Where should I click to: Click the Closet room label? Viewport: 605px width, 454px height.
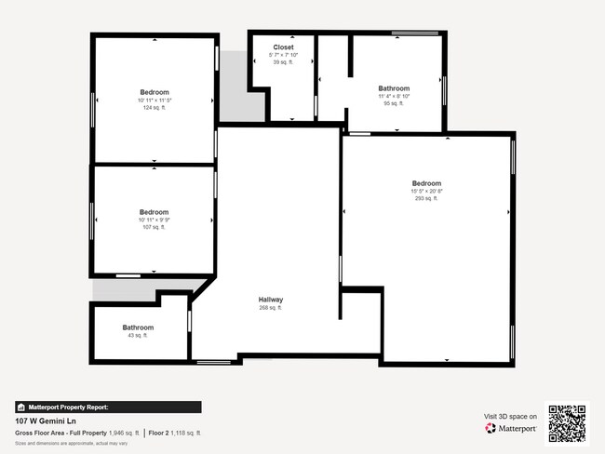[284, 47]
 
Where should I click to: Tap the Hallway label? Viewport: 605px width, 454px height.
[271, 300]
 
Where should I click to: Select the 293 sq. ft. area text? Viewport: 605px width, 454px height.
[426, 198]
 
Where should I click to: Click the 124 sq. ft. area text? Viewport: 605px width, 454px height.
[155, 108]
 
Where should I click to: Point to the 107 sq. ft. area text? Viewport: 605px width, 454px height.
[154, 227]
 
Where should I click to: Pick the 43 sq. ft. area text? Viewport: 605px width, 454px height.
[138, 336]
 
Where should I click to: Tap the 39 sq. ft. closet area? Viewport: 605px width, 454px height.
[284, 63]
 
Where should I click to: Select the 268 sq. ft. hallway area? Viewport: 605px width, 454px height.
[271, 308]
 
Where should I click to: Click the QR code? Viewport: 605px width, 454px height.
[567, 422]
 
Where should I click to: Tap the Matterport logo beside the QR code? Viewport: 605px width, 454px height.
[511, 429]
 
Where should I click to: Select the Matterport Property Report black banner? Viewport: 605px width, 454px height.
[108, 407]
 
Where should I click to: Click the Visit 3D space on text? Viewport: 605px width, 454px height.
[511, 417]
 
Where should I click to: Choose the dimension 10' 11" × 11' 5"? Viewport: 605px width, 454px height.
[155, 100]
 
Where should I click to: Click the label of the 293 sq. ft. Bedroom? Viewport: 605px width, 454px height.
[426, 183]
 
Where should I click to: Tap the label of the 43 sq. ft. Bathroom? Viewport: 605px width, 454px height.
[138, 327]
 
